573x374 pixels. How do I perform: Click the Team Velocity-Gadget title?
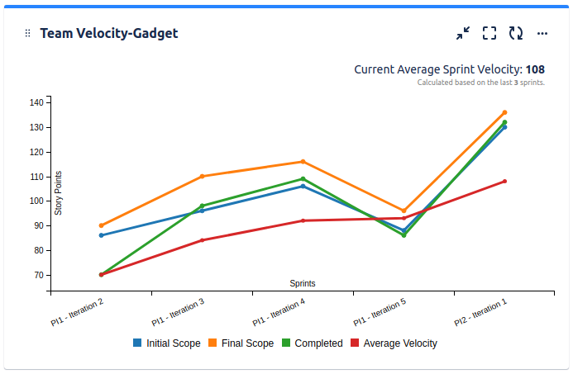pos(109,33)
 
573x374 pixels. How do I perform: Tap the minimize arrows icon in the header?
pos(463,33)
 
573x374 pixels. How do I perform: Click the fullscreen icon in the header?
pos(489,33)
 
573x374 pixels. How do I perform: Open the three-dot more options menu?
pos(542,33)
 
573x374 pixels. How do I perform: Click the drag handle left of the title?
pos(27,33)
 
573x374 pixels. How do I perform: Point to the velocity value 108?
pos(535,69)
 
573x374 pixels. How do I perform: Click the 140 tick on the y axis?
pos(36,102)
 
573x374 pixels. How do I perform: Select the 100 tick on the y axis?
pos(36,201)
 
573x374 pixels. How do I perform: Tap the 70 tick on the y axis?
pos(38,275)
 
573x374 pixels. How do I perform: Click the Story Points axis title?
pos(59,193)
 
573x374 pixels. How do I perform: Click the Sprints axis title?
pos(302,283)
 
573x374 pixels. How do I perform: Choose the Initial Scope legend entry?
pos(166,343)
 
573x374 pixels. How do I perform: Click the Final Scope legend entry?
pos(241,343)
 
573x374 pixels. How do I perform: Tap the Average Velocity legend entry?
pos(394,343)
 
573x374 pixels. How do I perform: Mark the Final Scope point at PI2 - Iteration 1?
pos(504,112)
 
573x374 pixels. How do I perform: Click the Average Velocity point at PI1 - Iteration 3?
pos(202,240)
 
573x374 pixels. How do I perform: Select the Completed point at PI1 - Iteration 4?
pos(303,178)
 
